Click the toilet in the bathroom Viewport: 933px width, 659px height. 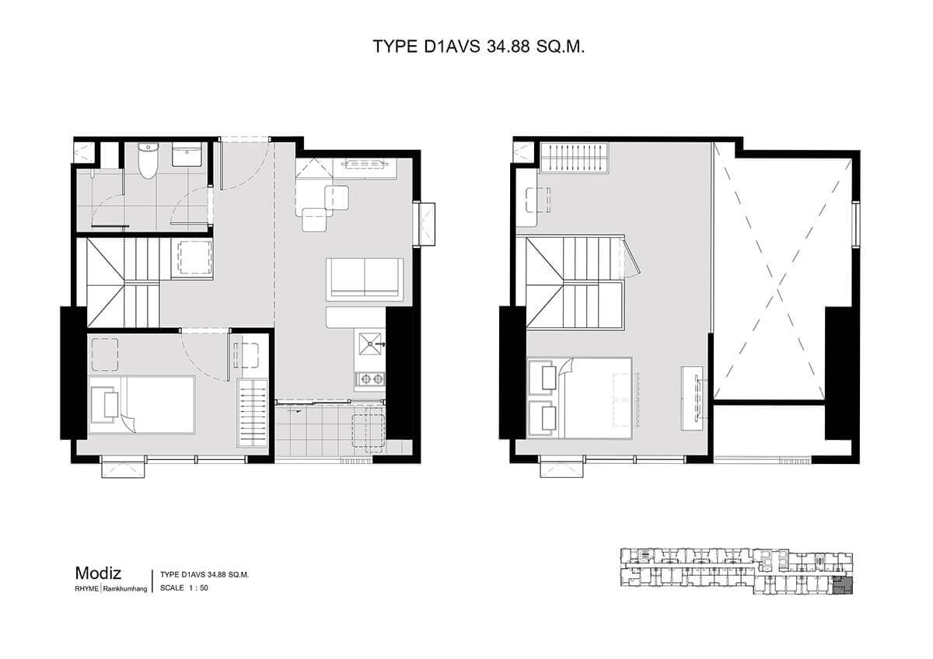148,160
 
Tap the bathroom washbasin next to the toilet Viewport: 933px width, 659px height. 187,155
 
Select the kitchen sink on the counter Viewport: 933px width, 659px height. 370,343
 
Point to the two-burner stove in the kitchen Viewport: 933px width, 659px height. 370,378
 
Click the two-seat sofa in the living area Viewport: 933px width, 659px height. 365,279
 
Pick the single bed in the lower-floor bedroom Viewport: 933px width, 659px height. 142,405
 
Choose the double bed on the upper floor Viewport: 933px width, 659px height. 580,398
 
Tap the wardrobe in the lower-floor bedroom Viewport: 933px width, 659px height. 253,413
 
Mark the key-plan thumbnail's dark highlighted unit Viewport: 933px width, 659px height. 843,586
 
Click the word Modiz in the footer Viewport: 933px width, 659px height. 98,574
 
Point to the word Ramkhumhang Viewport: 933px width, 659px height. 125,589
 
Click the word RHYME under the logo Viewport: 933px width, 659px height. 86,589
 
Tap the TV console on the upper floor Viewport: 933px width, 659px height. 692,398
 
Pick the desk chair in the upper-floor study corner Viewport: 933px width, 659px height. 538,200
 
